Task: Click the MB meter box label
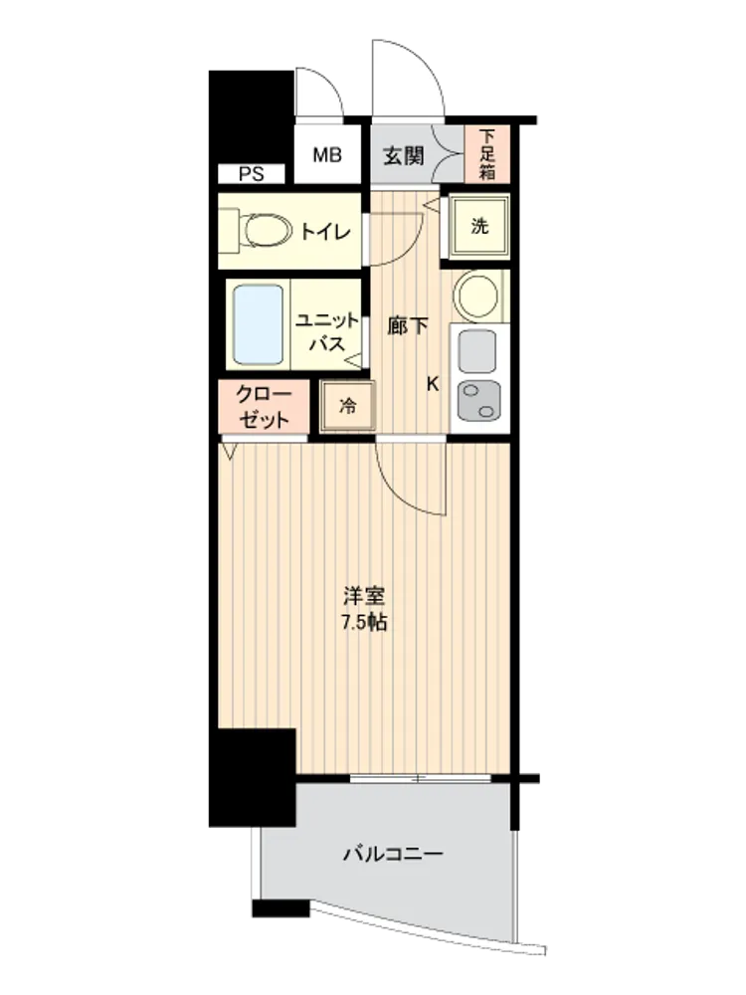coord(327,155)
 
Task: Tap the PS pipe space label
coord(252,174)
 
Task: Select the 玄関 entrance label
coord(404,155)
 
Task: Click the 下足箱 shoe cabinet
coord(487,155)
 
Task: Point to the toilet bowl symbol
coord(264,230)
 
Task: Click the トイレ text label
coord(325,232)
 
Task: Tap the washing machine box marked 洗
coord(479,226)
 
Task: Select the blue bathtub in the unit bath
coord(258,325)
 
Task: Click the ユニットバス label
coord(327,332)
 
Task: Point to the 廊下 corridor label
coord(407,326)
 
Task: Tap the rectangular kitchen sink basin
coord(477,351)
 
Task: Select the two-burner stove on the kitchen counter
coord(479,400)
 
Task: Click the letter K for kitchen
coord(433,384)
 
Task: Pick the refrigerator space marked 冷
coord(347,406)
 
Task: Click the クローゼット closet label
coord(264,407)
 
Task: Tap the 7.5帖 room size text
coord(364,623)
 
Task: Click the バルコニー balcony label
coord(393,854)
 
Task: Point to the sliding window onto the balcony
coord(421,778)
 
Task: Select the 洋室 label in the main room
coord(364,596)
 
